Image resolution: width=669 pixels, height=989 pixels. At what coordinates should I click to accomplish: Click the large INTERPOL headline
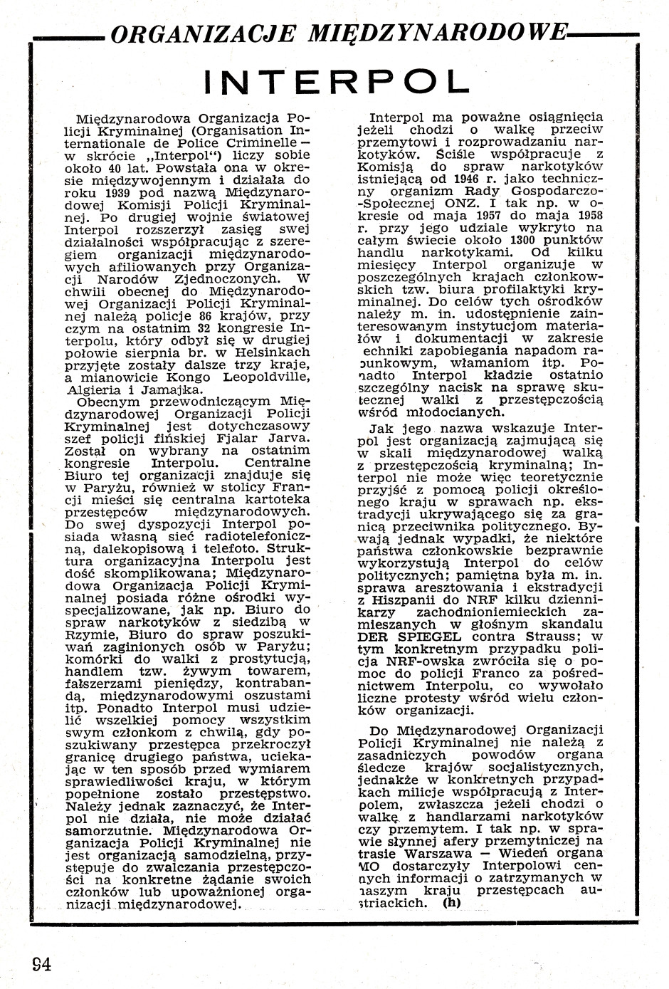click(337, 80)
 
